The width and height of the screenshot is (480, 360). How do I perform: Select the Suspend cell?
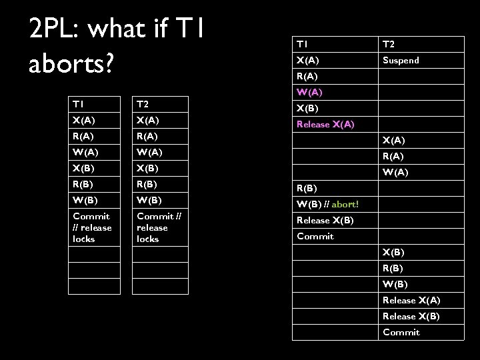coord(400,61)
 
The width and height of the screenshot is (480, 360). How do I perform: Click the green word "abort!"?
coord(345,203)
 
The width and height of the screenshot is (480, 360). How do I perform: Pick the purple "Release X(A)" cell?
coord(325,124)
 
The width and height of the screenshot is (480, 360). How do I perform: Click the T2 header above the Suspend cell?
coord(389,45)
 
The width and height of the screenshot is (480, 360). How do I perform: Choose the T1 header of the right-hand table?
coord(303,45)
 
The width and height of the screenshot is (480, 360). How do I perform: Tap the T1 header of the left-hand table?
coord(79,103)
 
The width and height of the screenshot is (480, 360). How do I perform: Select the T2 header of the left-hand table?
coord(143,103)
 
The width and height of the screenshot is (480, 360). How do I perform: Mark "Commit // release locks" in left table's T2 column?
coord(152,227)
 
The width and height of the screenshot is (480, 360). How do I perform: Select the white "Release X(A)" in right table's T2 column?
coord(411,301)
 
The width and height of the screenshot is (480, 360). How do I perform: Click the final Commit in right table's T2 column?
coord(401,332)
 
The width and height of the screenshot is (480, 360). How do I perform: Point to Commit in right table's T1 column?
coord(315,236)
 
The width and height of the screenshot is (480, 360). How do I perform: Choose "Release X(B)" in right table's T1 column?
coord(325,220)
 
